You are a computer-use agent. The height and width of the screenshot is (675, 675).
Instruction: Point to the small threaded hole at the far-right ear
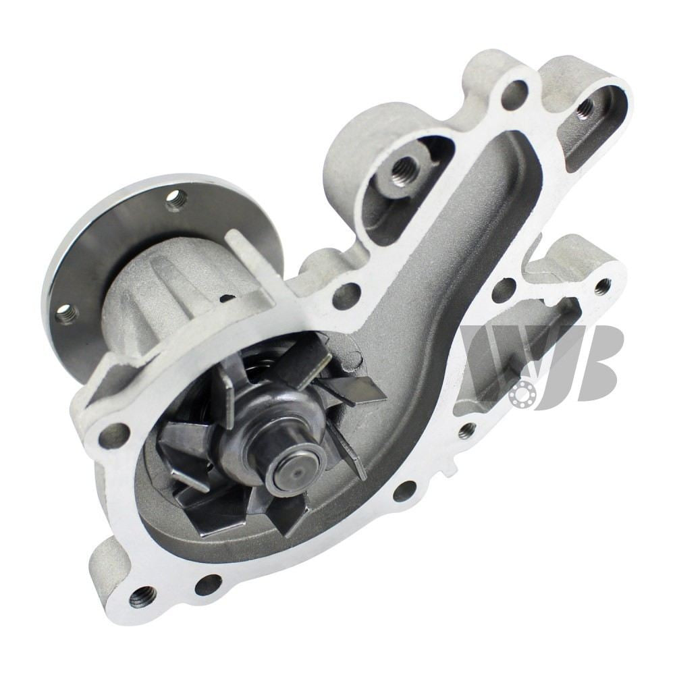(601, 286)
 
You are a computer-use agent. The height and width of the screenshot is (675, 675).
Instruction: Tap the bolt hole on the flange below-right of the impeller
(404, 491)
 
